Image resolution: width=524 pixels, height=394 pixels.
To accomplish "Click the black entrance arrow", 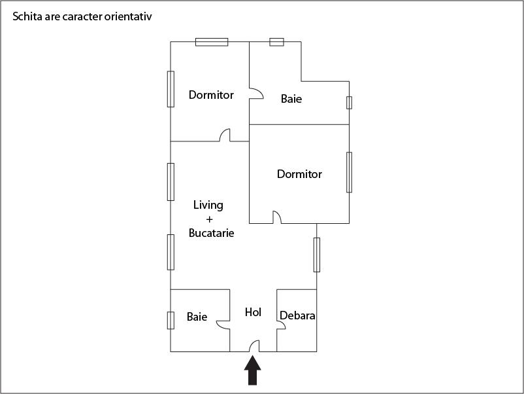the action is [252, 370].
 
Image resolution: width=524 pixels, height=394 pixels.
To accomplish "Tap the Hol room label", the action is [253, 312].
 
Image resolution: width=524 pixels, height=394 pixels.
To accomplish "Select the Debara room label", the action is [297, 315].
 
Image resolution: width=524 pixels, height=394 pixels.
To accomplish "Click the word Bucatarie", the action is [211, 232].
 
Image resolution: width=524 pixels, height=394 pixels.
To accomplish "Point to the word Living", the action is [208, 206].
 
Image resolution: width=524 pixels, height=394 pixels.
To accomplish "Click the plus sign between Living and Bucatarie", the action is [210, 219].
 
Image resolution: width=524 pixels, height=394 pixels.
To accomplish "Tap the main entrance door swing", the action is [254, 346].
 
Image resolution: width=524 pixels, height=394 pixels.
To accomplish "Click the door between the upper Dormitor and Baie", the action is [257, 94].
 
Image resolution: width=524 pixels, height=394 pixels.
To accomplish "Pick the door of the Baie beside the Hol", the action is [223, 325].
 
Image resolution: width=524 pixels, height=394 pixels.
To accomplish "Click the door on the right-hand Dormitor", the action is [277, 217].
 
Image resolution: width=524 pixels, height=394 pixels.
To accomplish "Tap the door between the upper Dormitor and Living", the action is [225, 135].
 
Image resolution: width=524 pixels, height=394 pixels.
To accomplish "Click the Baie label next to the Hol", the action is [197, 317].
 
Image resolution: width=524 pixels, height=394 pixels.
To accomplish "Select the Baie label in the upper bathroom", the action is [291, 99].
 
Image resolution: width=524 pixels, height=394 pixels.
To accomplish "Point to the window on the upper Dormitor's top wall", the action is [212, 42].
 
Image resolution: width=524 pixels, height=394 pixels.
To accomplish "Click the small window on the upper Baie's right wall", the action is [349, 103].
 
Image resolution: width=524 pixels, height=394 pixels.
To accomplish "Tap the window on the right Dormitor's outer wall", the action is [349, 172].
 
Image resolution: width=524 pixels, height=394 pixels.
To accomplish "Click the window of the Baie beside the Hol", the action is [171, 320].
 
